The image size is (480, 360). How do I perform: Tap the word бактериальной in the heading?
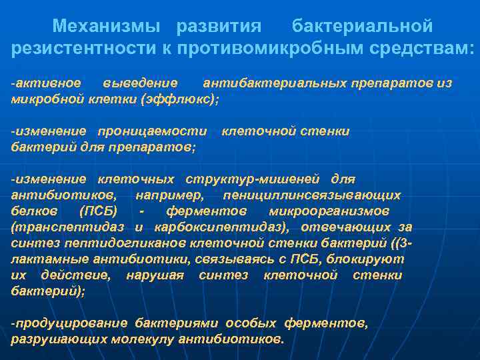pos(363,27)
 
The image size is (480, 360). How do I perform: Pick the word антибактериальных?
pos(275,83)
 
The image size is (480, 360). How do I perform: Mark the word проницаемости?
pos(153,131)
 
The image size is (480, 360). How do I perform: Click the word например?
pos(170,195)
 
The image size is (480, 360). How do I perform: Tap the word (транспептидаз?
pos(73,227)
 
